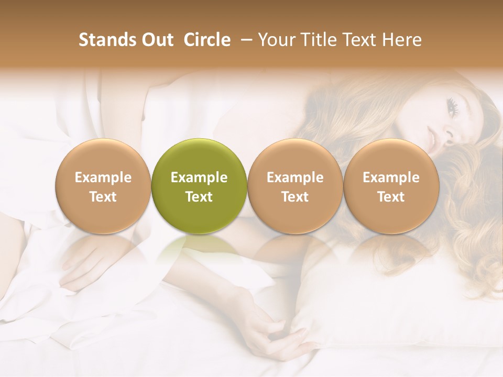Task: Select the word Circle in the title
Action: coord(207,40)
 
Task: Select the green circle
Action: coord(199,186)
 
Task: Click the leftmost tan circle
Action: coord(103,186)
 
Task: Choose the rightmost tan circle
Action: coord(391,186)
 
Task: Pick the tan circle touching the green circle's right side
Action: coord(295,186)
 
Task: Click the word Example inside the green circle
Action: coord(199,178)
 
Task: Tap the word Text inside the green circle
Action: coord(199,197)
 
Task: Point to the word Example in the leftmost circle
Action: coord(103,178)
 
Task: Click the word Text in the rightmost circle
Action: coord(391,197)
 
